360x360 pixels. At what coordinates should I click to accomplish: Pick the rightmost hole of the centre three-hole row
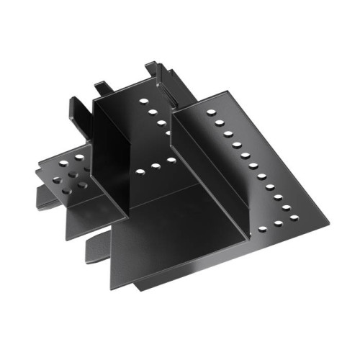171,160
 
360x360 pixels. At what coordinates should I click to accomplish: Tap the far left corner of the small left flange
36,167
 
